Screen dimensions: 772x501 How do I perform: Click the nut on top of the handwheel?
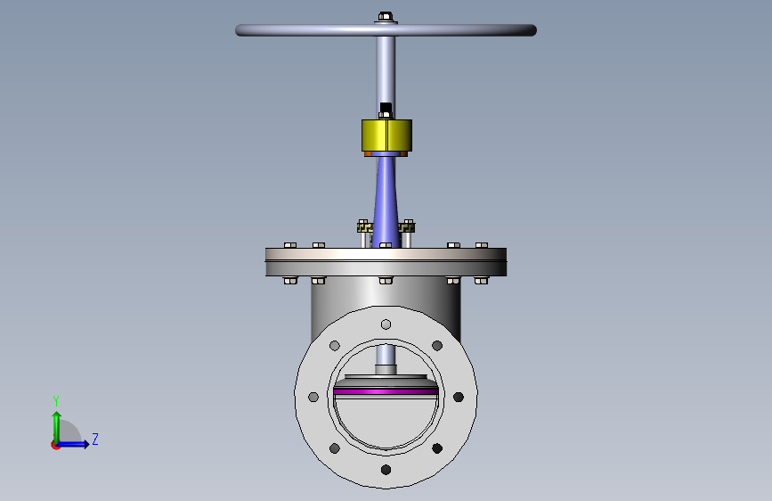pos(386,17)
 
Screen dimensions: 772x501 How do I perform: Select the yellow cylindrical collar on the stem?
pos(386,136)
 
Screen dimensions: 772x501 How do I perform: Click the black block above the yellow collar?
pos(386,108)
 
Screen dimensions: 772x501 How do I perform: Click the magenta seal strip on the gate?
pos(386,391)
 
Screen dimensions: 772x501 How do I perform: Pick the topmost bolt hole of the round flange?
pos(386,324)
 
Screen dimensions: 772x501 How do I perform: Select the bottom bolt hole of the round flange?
pos(386,470)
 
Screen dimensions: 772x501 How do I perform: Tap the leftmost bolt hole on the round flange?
pos(313,397)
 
